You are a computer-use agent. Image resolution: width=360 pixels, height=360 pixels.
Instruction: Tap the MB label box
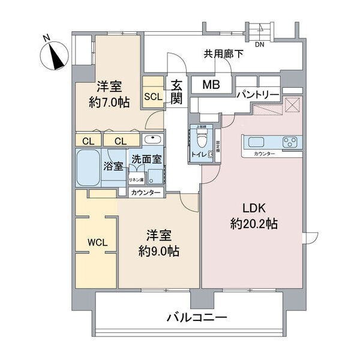click(x=210, y=85)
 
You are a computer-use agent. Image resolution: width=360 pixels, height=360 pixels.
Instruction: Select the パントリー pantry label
click(x=257, y=95)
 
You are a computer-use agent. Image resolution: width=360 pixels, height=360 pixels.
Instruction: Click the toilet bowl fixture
click(x=202, y=139)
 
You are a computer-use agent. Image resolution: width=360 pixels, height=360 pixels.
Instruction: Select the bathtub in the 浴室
click(x=89, y=169)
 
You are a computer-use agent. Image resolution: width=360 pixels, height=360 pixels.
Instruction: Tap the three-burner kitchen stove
click(x=290, y=143)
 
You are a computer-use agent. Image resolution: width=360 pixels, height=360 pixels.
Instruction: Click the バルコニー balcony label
click(x=196, y=317)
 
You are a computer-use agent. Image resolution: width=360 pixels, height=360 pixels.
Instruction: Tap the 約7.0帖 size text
click(x=109, y=102)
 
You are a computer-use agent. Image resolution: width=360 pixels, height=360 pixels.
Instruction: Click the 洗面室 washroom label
click(x=146, y=160)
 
